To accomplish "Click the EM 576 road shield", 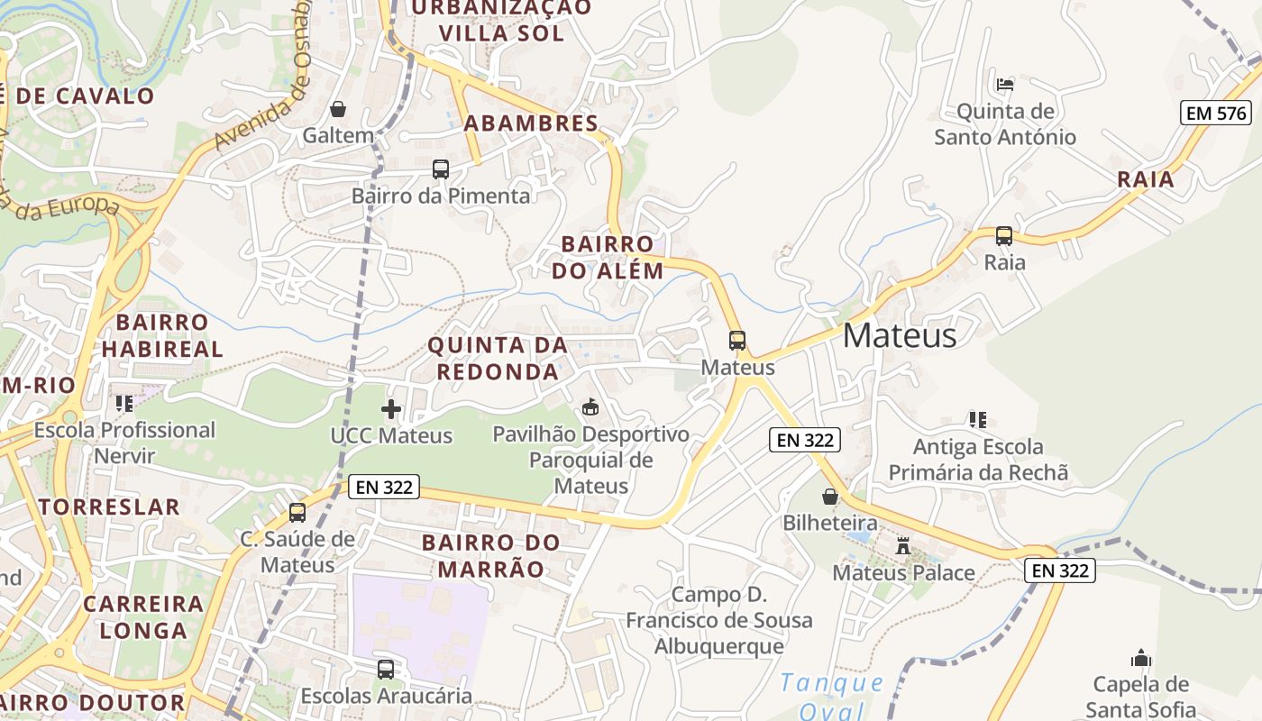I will click(1216, 113).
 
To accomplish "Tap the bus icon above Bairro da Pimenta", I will click(441, 169).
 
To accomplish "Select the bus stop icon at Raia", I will click(1003, 236).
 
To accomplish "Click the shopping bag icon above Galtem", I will click(338, 109).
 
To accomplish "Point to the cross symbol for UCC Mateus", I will click(391, 409).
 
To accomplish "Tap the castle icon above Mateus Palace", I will click(903, 545).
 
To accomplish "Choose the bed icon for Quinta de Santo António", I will click(1005, 85).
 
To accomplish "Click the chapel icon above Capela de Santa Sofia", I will click(1141, 658).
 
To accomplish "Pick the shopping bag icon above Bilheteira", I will click(830, 497).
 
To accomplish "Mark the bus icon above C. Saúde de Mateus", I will click(297, 513).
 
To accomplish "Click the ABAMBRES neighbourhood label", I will click(531, 123).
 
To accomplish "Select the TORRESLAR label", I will click(109, 507).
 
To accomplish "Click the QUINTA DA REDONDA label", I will click(498, 358).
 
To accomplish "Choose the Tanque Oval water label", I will click(832, 696).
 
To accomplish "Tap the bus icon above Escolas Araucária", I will click(386, 670).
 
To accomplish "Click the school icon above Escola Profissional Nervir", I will click(124, 403).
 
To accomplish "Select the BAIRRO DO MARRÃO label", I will click(490, 556).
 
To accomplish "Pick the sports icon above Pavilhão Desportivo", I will click(590, 407).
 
